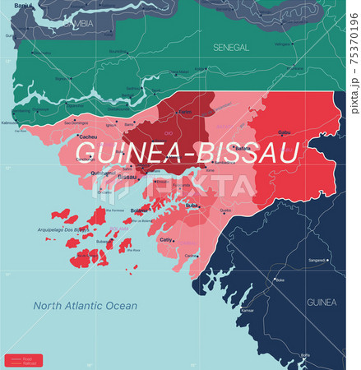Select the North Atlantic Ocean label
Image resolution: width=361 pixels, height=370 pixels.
[86, 306]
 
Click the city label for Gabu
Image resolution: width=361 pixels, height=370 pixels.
[285, 132]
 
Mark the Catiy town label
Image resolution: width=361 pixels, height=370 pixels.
[166, 240]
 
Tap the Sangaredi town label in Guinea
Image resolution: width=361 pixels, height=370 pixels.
[317, 261]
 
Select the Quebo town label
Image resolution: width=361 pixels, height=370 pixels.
[225, 210]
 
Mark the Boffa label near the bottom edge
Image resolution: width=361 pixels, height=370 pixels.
[305, 355]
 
